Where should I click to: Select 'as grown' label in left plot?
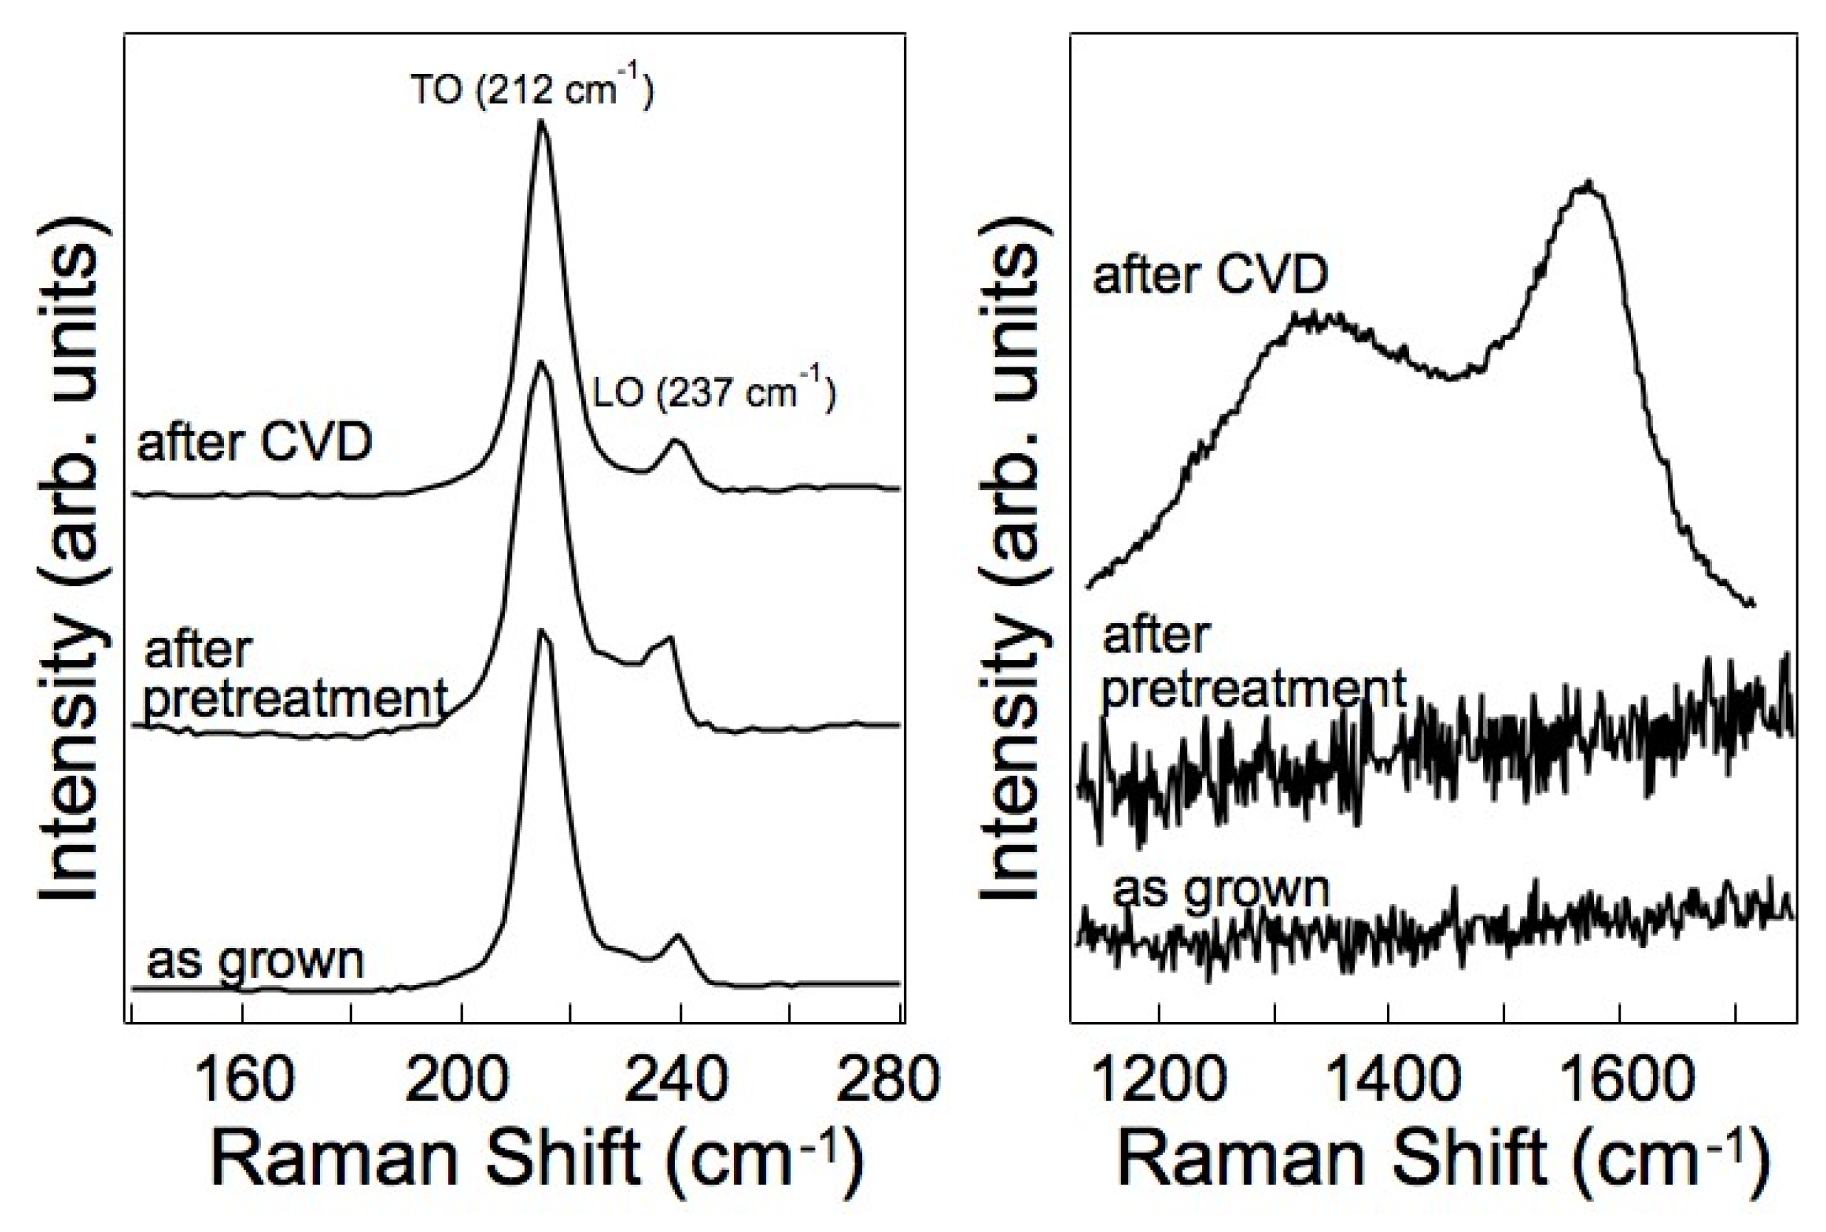pos(255,960)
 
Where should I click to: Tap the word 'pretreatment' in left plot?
pos(296,698)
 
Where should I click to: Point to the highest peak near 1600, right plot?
pos(1589,186)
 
